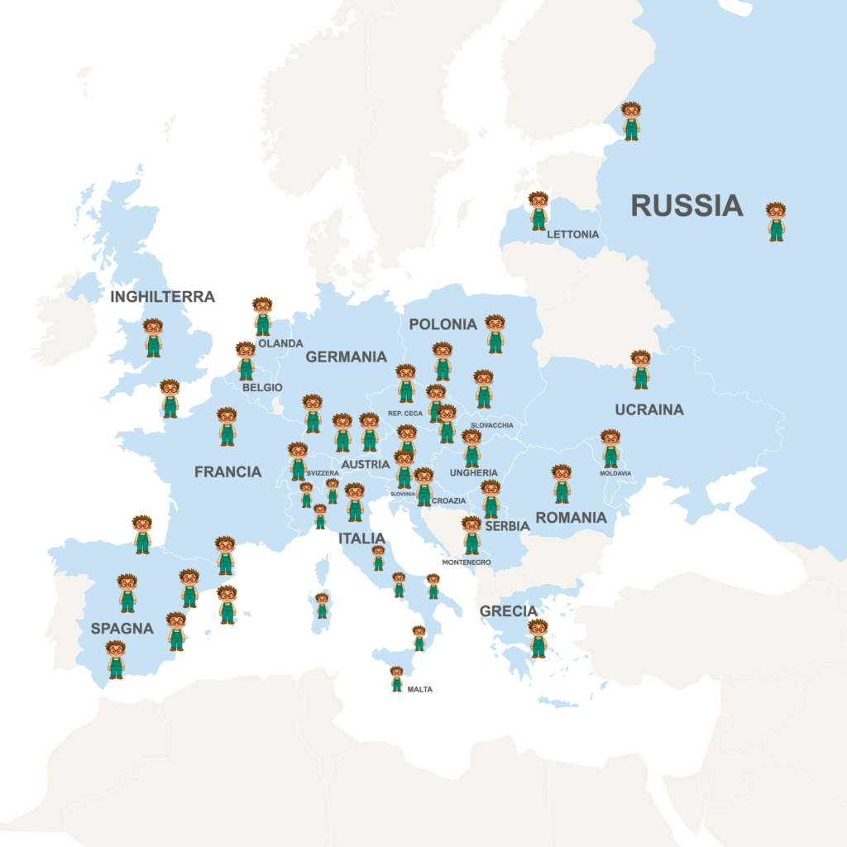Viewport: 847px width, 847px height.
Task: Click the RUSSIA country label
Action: (687, 205)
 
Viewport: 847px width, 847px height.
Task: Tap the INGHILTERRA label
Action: (162, 297)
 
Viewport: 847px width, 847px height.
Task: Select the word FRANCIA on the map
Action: (227, 472)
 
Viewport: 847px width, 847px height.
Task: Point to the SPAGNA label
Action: (122, 629)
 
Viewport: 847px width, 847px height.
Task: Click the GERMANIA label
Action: (346, 357)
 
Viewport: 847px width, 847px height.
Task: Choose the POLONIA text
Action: (443, 324)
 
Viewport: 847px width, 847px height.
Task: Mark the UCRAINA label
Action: (648, 409)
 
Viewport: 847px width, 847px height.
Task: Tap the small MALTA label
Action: (419, 689)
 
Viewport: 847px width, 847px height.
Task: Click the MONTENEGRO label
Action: (467, 562)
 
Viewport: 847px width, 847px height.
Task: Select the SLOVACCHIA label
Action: (491, 426)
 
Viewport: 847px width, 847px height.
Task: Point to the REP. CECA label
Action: (404, 413)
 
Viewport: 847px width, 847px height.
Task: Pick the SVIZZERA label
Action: (322, 473)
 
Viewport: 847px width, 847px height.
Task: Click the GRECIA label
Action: (508, 611)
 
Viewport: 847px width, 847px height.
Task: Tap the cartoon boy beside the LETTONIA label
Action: (538, 211)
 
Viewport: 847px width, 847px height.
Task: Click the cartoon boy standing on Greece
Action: (538, 638)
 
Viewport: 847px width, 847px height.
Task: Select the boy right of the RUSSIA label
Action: (775, 222)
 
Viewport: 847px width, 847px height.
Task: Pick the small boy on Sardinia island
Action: (322, 605)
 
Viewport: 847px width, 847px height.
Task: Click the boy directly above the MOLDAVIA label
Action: (610, 448)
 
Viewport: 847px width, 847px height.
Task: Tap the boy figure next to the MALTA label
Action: (397, 678)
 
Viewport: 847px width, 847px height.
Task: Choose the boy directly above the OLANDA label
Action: (262, 316)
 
